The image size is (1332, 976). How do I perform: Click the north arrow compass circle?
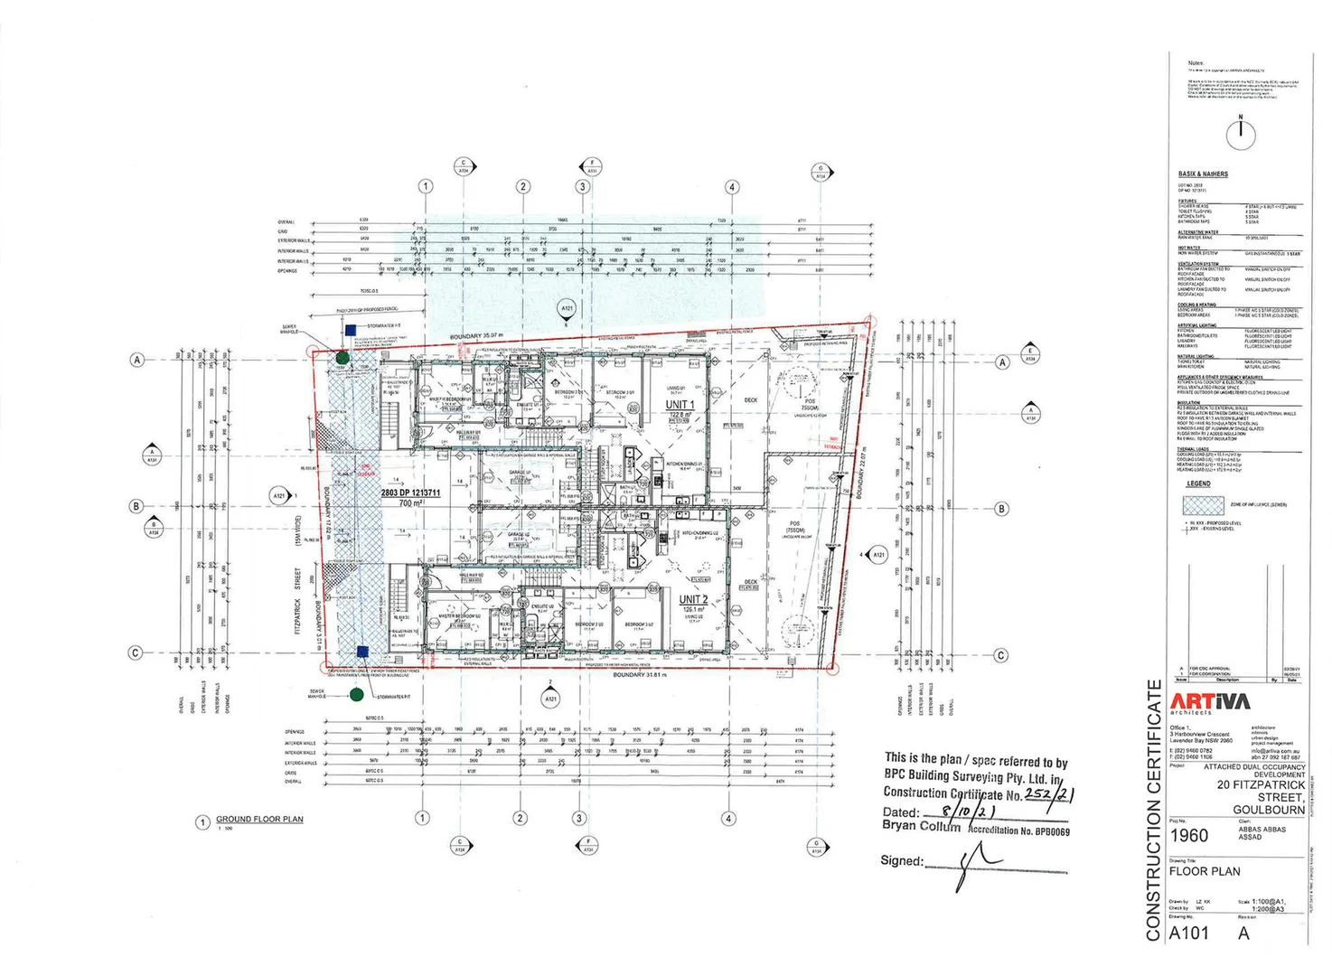point(1241,135)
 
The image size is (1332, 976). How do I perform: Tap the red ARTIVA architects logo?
point(1210,702)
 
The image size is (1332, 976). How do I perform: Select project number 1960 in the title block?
point(1188,836)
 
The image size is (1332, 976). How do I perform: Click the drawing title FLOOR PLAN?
point(1204,872)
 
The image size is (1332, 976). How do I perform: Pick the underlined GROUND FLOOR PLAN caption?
point(259,820)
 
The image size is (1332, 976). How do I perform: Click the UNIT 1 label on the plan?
point(680,405)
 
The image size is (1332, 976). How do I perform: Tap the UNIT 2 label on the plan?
point(693,599)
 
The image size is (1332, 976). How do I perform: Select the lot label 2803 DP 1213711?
point(410,493)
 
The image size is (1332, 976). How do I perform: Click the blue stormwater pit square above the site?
point(350,332)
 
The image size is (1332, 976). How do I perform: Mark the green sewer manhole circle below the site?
point(357,694)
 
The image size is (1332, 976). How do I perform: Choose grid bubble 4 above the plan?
point(732,187)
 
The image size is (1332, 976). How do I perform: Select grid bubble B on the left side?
point(136,506)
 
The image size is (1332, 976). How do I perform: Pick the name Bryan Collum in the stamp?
point(921,826)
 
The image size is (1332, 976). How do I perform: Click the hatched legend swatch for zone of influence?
point(1203,505)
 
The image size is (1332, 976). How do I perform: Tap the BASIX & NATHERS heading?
point(1203,174)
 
